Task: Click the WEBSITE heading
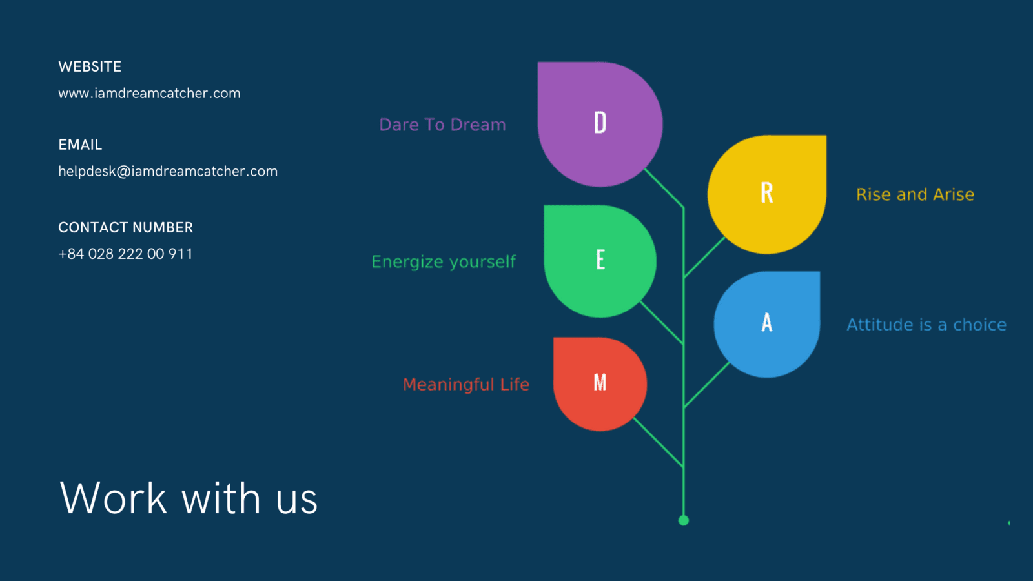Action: click(x=90, y=67)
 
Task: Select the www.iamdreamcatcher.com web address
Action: click(x=149, y=93)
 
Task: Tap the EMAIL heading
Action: click(x=80, y=145)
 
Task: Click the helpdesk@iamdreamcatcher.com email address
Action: click(x=168, y=171)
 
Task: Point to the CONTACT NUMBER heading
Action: click(x=125, y=227)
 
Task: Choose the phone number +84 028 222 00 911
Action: click(x=125, y=254)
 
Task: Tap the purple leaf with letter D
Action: click(x=600, y=124)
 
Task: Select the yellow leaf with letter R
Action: click(x=767, y=194)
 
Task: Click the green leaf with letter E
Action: click(x=600, y=261)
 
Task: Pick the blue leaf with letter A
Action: click(x=767, y=324)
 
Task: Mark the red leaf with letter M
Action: click(x=600, y=384)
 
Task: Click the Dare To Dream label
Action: click(x=442, y=125)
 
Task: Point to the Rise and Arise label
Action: click(x=915, y=194)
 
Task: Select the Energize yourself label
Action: click(x=444, y=262)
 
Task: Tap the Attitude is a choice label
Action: click(x=926, y=325)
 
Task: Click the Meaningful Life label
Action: click(x=465, y=385)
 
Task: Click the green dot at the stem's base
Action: click(x=684, y=520)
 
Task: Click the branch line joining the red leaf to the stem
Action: click(x=659, y=442)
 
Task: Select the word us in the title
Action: click(x=297, y=502)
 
